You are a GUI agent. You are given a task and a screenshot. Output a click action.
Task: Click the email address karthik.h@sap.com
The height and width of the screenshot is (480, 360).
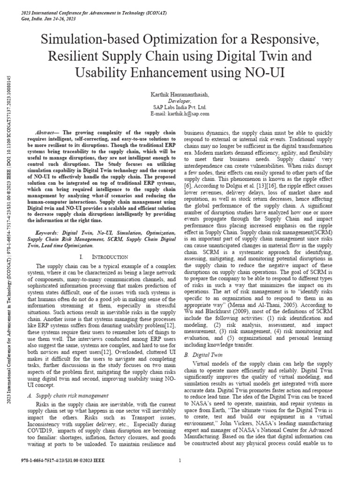180,113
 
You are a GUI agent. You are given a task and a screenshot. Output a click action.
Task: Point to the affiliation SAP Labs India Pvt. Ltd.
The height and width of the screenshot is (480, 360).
180,107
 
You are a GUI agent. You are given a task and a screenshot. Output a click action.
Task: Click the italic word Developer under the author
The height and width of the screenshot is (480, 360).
180,100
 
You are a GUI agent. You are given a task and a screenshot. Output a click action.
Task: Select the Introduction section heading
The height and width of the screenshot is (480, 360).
102,257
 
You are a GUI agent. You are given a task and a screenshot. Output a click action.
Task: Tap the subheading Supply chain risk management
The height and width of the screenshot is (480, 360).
72,396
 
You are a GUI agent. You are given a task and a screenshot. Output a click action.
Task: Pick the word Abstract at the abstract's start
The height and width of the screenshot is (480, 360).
46,133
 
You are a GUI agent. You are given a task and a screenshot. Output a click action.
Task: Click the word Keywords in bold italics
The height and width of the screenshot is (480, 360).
47,232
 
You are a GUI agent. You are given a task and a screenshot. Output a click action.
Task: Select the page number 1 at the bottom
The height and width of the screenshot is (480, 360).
180,460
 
